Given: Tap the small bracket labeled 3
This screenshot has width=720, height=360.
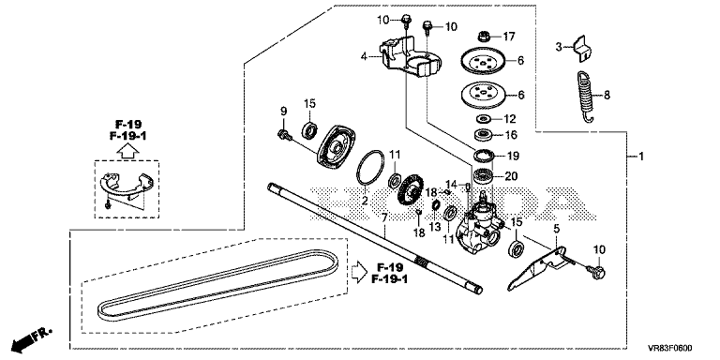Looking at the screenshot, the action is coord(581,49).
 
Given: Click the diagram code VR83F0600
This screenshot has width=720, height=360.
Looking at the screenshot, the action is coord(670,348).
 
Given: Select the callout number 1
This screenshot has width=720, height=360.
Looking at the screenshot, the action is coord(641,157).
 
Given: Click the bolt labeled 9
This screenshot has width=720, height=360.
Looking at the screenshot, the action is coord(283,135).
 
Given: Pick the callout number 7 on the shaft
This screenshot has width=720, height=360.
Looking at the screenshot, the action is coord(383,217).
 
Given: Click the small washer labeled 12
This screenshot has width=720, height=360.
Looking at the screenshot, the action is coord(482,119).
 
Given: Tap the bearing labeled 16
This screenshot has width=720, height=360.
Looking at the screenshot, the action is coord(484,135).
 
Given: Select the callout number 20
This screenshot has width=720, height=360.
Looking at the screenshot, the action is coord(512,176).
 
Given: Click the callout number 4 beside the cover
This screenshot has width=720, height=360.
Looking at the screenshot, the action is coord(364,57).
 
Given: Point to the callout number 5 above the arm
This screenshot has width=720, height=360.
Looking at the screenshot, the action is coord(557,228).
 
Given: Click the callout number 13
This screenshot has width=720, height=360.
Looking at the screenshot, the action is coord(435,226).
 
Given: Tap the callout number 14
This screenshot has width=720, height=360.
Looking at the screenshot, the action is coord(452,185).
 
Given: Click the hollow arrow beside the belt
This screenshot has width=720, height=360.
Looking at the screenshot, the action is coord(360,272).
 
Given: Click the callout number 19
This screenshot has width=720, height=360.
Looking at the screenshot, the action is coord(513,157).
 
